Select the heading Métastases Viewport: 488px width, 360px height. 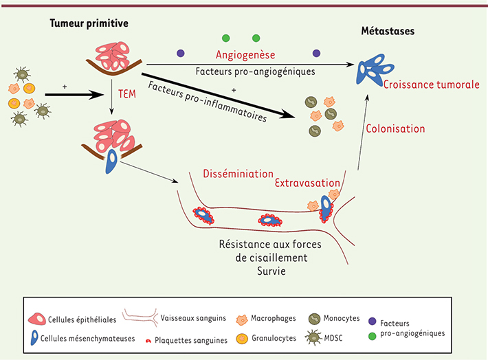388,32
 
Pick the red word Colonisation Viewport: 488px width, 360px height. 395,128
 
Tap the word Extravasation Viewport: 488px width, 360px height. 307,183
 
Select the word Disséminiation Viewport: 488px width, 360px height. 239,174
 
